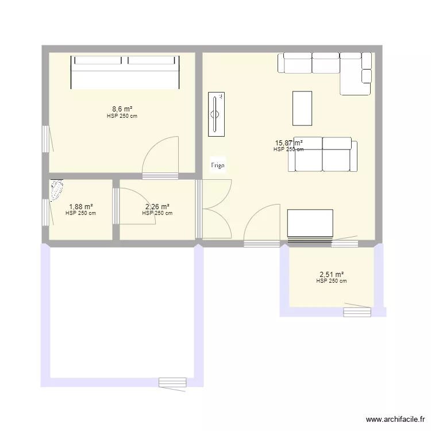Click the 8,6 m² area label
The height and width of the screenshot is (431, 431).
[122, 109]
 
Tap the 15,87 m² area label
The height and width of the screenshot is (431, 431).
[288, 143]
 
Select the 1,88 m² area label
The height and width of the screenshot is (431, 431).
[80, 207]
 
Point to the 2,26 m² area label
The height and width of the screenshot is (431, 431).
[157, 207]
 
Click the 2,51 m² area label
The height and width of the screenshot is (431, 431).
[331, 275]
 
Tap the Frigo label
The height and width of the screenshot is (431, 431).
[218, 166]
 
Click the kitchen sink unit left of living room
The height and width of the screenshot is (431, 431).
[217, 114]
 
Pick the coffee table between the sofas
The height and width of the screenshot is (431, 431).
[302, 108]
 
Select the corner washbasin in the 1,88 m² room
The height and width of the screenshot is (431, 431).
[57, 190]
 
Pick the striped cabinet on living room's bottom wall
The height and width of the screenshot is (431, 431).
[310, 224]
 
